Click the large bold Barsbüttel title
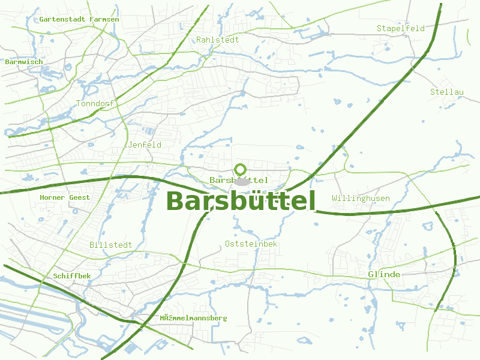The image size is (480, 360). (241, 201)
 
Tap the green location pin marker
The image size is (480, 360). (241, 170)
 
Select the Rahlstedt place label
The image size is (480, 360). (217, 40)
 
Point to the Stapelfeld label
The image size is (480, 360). (400, 28)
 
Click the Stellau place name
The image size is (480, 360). (447, 92)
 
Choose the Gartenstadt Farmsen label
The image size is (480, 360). (79, 19)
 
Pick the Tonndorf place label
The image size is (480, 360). (95, 104)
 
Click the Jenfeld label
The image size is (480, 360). (145, 145)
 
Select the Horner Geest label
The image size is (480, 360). (65, 197)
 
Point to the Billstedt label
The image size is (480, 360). (110, 245)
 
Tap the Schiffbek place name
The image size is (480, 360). (72, 275)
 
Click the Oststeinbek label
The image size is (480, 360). (251, 244)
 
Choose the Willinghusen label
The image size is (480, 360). (361, 198)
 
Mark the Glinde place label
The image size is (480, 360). (384, 274)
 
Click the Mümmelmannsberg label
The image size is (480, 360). (194, 317)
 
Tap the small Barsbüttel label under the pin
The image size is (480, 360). (239, 180)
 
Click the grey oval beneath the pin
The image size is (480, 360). (241, 181)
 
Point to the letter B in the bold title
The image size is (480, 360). (175, 201)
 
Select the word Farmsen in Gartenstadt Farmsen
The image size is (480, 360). (104, 19)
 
